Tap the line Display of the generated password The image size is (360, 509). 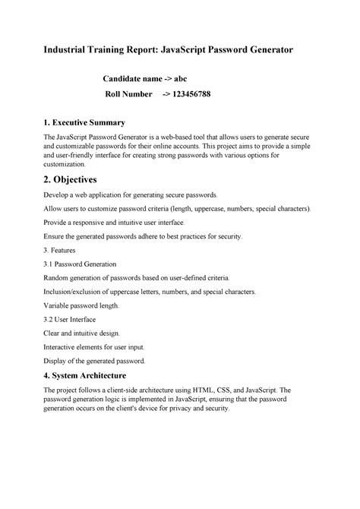(95, 361)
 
